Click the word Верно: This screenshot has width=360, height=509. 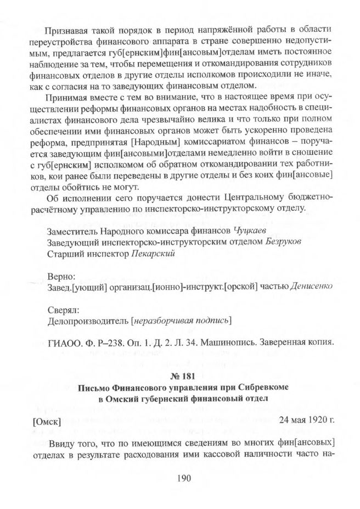(x=61, y=275)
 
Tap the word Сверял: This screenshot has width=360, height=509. (x=64, y=308)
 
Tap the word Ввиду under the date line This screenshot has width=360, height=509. (x=62, y=443)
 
